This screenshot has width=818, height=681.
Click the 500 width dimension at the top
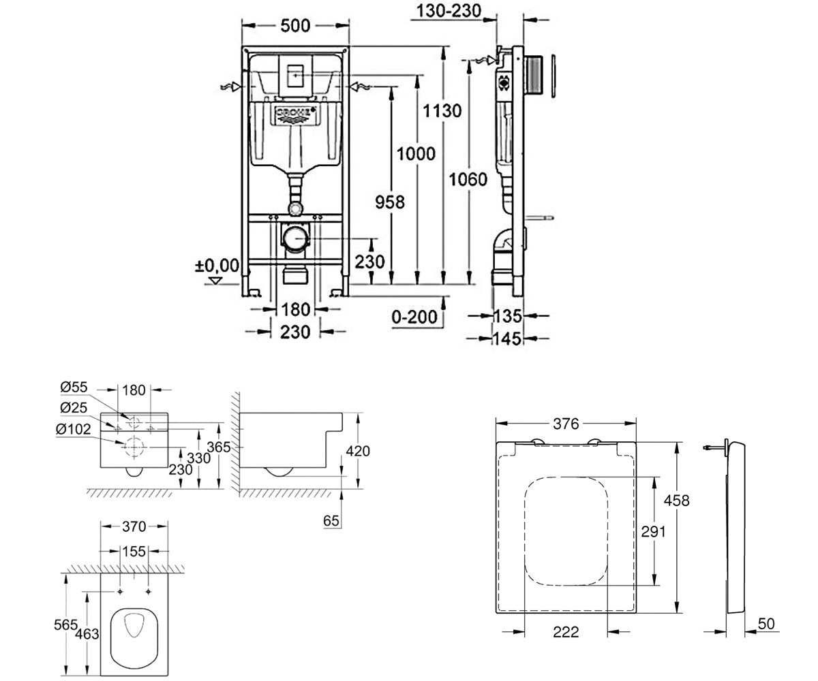coord(295,26)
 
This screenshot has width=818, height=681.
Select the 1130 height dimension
coord(442,111)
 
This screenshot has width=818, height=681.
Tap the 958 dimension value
coord(390,202)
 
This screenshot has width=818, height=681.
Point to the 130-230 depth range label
coord(449,11)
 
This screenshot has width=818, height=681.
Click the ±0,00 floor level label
coord(217,266)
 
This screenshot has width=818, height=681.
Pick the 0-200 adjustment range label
coord(414,317)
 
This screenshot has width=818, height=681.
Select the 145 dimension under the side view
coord(507,338)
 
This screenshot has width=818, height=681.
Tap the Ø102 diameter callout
coord(73,429)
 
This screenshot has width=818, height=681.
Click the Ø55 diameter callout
coord(74,387)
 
